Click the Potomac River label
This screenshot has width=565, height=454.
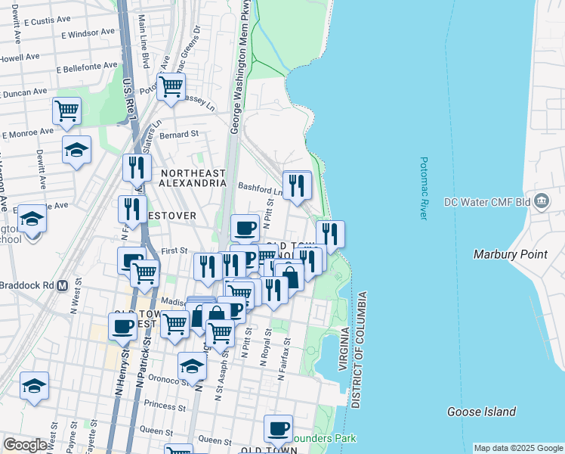[424, 189]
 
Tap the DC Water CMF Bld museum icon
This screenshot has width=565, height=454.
[541, 201]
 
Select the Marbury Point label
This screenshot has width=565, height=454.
[510, 254]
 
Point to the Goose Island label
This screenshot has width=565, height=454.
[481, 412]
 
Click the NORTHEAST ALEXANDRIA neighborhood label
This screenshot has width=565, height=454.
[193, 178]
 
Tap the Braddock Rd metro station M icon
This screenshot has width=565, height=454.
[63, 287]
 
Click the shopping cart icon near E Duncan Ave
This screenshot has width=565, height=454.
[66, 110]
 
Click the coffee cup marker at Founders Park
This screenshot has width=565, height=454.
[278, 428]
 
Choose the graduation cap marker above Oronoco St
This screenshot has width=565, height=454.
[193, 366]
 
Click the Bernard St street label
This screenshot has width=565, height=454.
[183, 134]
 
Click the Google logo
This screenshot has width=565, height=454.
[26, 445]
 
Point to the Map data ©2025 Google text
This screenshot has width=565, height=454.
[517, 448]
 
